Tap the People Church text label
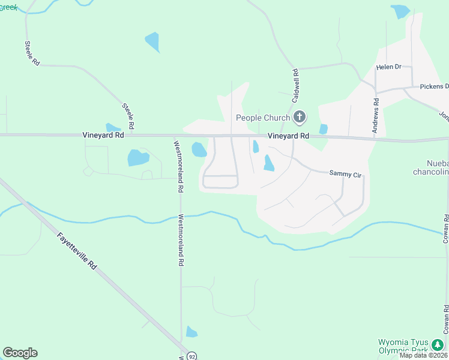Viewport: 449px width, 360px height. [263, 118]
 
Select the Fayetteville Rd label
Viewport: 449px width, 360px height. [77, 251]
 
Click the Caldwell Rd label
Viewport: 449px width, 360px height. [296, 83]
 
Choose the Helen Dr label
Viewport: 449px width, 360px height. [388, 67]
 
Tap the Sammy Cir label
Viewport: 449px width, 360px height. [345, 174]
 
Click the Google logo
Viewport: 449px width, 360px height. [20, 353]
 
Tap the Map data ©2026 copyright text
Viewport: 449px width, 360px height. [423, 355]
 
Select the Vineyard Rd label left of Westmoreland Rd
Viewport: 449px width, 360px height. [103, 136]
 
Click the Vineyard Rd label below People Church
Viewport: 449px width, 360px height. [288, 136]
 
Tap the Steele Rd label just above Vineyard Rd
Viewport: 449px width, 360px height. [128, 116]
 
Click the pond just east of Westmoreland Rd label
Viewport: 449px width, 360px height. [198, 149]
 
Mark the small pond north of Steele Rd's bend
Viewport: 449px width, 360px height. [152, 42]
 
